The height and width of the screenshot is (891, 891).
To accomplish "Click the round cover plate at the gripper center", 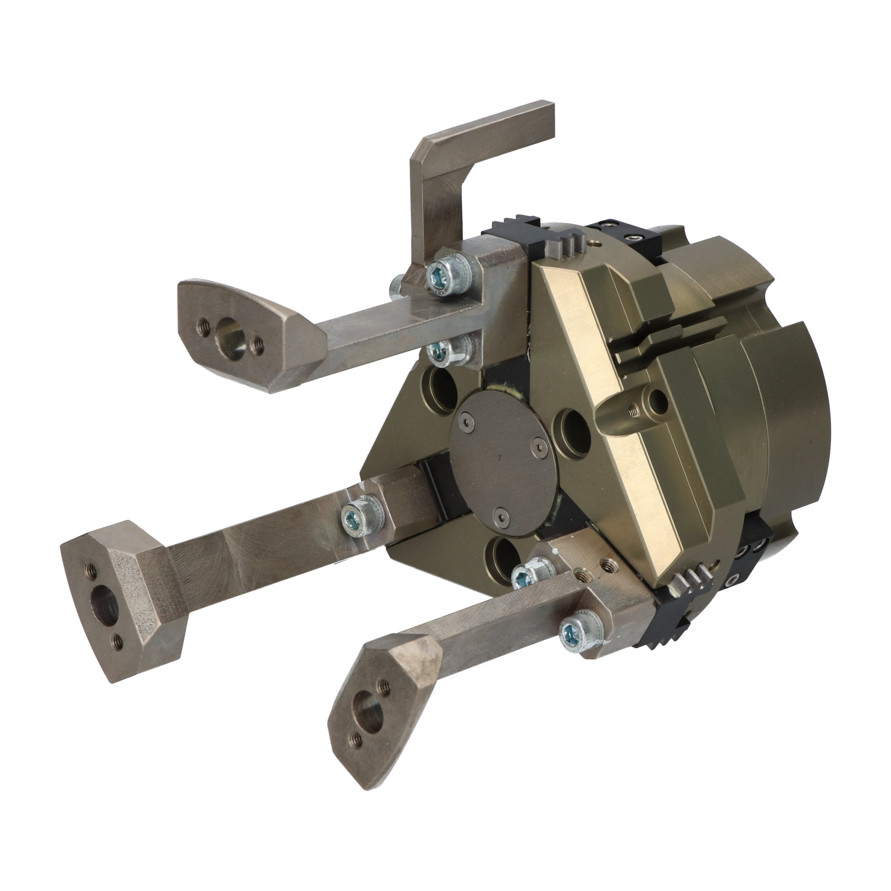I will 505,457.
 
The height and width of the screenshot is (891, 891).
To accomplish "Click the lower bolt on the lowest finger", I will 574,633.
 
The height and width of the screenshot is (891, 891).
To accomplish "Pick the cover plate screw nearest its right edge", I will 539,450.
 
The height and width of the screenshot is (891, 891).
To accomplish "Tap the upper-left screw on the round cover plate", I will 470,421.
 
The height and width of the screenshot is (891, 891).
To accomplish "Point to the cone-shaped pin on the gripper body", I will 618,413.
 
